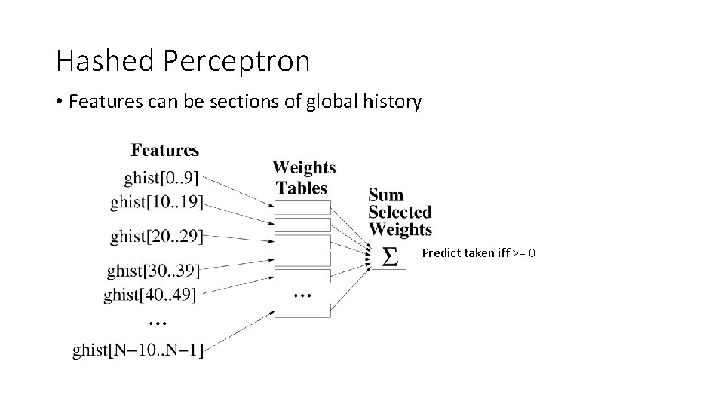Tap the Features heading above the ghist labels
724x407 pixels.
164,150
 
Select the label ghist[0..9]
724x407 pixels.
162,178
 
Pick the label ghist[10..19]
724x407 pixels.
157,202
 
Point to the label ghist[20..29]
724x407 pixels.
157,236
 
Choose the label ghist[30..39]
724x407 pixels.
155,270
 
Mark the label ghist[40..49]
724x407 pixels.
150,294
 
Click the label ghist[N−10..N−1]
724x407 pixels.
138,350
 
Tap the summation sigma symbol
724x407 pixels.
390,256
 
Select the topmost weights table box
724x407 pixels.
302,207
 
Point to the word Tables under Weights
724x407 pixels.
302,188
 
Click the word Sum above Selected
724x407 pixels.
386,195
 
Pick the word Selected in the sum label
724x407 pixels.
400,213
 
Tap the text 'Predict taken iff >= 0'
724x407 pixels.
479,253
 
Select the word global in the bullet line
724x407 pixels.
330,101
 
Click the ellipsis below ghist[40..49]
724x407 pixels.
158,322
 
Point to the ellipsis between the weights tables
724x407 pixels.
302,294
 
